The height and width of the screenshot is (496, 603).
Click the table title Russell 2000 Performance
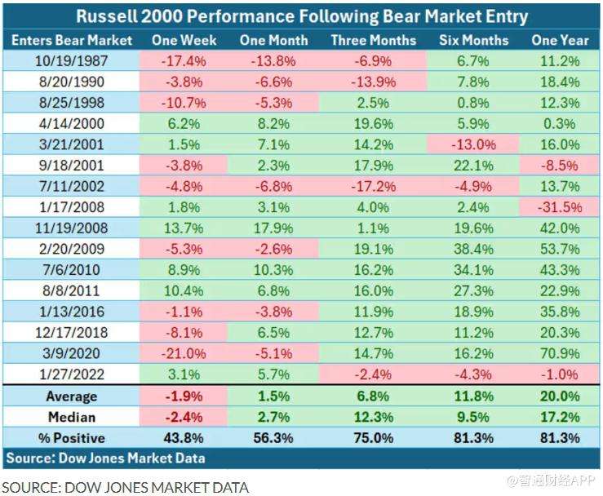(302, 15)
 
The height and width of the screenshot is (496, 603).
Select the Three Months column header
(373, 40)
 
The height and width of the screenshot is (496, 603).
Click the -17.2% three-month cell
(373, 186)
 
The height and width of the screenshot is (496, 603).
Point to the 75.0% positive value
(373, 438)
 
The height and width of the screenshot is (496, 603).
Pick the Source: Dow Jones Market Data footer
(106, 458)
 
